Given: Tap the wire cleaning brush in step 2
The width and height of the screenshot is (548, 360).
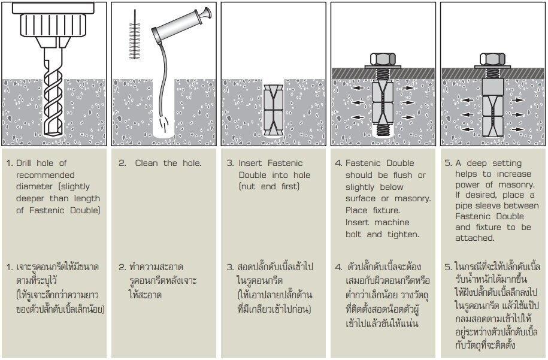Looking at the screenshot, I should tap(134, 42).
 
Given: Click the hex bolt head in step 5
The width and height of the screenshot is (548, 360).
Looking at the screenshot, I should tap(492, 59).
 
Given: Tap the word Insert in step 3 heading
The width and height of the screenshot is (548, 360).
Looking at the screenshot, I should tap(252, 164).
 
